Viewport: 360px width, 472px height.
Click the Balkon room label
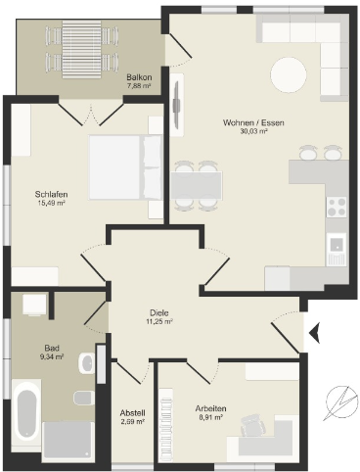[x=139, y=77]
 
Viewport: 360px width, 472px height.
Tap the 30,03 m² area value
[x=253, y=131]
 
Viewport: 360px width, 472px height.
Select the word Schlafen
[x=51, y=194]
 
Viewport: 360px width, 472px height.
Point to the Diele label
[x=159, y=312]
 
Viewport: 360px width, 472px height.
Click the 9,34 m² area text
[x=51, y=356]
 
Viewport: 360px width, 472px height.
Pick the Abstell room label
[x=132, y=412]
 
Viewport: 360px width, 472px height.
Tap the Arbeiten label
[x=211, y=408]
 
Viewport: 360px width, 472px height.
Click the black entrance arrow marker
[x=315, y=333]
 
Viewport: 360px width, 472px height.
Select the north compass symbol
[x=340, y=402]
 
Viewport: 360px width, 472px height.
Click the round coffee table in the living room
[x=289, y=74]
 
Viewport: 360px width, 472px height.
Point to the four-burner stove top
[x=337, y=207]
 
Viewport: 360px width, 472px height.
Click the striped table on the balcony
[x=81, y=49]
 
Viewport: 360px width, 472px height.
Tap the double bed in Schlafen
[x=125, y=167]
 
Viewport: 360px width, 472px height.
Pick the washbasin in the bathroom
[x=86, y=362]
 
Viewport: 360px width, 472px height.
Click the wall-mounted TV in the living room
[x=177, y=105]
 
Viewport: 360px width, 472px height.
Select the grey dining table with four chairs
[x=197, y=186]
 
